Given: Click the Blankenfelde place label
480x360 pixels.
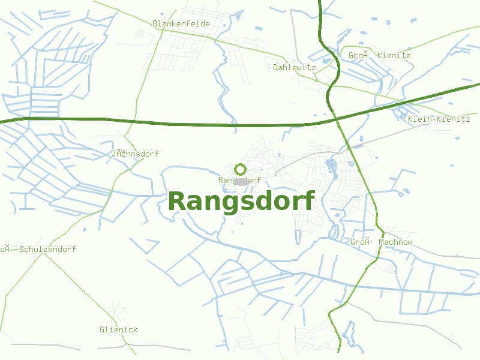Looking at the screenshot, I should pos(181,23).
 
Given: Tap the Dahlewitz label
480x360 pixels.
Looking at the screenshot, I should pos(294,67).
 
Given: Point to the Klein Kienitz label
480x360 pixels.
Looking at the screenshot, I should pos(439,119).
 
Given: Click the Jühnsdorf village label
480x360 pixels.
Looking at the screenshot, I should pos(135,154).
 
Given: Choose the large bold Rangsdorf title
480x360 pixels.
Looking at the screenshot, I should pos(241,202).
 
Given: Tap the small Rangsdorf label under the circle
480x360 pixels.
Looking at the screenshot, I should pos(239,180).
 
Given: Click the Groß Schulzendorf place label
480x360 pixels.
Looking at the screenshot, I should pos(38,249).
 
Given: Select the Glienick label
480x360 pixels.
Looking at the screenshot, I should pos(118,329).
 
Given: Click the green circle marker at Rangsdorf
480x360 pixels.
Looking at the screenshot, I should pos(241,169).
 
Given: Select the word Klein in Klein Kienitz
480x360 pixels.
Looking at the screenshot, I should pos(419,119).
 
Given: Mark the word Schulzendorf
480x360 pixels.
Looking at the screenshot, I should pos(48,249).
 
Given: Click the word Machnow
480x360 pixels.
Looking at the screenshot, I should pos(395,242).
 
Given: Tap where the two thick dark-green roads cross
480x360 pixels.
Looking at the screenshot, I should pos(334,118).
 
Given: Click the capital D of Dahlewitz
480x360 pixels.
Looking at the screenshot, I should pos(275,67).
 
